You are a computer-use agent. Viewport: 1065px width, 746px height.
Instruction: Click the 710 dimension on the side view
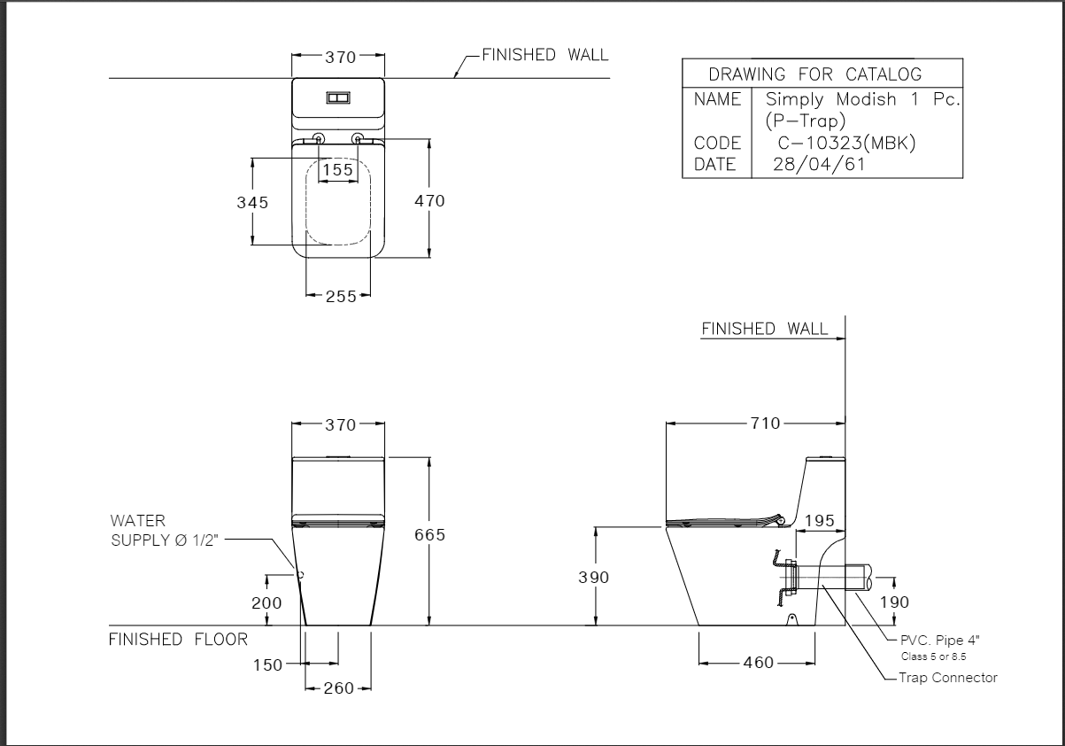pyautogui.click(x=766, y=424)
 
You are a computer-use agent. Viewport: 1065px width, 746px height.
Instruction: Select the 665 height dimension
pyautogui.click(x=430, y=535)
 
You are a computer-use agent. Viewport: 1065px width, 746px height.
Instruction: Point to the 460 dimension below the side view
pyautogui.click(x=758, y=663)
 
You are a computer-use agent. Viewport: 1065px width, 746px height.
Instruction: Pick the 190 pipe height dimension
pyautogui.click(x=894, y=602)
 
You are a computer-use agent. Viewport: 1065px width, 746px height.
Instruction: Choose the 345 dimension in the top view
pyautogui.click(x=252, y=202)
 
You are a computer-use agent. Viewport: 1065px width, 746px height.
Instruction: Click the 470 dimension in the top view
pyautogui.click(x=430, y=201)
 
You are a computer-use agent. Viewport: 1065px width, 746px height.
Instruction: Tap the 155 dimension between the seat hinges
pyautogui.click(x=337, y=169)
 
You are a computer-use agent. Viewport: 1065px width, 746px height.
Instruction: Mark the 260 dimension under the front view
pyautogui.click(x=339, y=688)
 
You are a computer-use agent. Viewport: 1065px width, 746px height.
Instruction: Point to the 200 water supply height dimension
pyautogui.click(x=266, y=603)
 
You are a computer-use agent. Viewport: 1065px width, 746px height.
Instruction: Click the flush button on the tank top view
pyautogui.click(x=338, y=98)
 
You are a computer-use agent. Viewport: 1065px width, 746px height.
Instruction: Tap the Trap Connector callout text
pyautogui.click(x=948, y=678)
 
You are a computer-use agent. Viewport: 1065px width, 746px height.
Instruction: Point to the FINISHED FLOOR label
pyautogui.click(x=178, y=639)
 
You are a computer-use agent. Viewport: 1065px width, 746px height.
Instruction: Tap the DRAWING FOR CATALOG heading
pyautogui.click(x=814, y=74)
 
